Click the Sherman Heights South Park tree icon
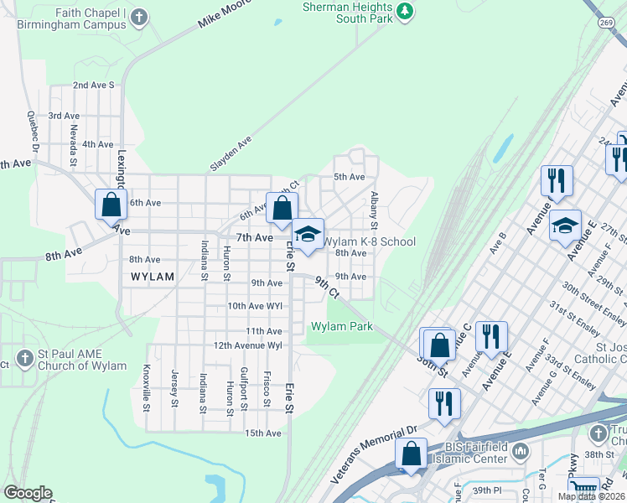[406, 11]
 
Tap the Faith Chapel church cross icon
[139, 16]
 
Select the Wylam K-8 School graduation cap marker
[308, 235]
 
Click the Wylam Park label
[342, 326]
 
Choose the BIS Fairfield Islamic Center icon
[521, 452]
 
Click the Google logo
[28, 493]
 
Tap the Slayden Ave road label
[231, 155]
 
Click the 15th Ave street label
[263, 433]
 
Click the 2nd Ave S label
[93, 86]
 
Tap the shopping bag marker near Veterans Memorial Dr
[412, 454]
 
